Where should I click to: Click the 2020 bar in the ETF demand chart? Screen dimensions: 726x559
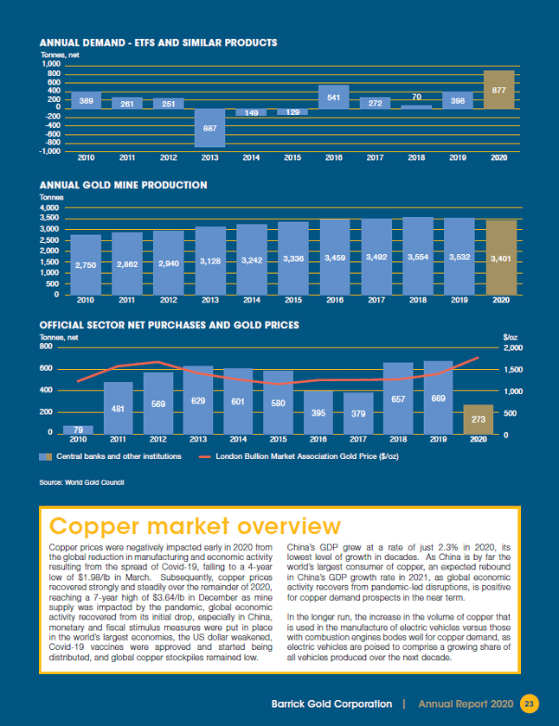[499, 90]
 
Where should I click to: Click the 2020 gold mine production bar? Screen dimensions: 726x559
[499, 258]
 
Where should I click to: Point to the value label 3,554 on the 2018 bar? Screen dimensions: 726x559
[417, 258]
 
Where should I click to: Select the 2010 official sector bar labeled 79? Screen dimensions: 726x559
[78, 430]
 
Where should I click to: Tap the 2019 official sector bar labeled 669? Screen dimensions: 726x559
[439, 398]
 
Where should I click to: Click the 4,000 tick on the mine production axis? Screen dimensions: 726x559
[48, 208]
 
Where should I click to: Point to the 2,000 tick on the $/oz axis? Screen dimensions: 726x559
[512, 347]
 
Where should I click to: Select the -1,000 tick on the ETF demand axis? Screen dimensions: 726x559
[48, 151]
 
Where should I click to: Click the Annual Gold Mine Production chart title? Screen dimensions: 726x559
[124, 185]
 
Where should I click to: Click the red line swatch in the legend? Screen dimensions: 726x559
[205, 456]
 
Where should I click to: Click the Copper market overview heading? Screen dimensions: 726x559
[195, 526]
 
